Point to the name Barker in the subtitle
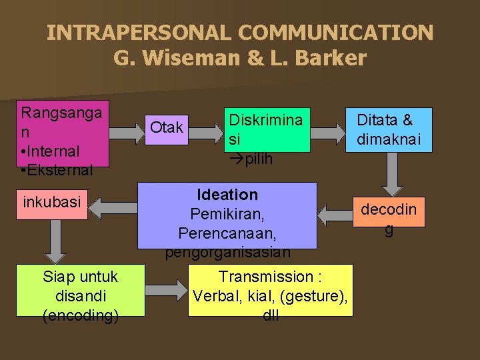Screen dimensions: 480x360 coord(331,58)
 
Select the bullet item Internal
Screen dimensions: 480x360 coord(51,151)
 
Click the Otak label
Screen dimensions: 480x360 coord(167,127)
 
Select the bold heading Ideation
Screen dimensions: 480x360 coord(227,195)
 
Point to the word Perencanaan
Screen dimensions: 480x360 coord(227,234)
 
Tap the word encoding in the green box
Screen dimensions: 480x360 coord(80,315)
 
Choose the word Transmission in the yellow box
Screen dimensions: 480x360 coord(265,277)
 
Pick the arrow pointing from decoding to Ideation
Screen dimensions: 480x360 coord(336,215)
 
